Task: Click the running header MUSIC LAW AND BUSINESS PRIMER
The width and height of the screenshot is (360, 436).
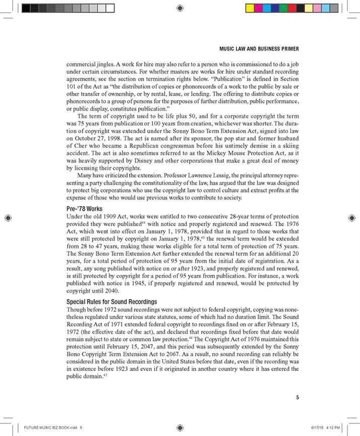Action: pyautogui.click(x=260, y=49)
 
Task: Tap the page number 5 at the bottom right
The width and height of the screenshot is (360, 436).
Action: pyautogui.click(x=298, y=397)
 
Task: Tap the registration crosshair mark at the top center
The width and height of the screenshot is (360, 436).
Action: pyautogui.click(x=181, y=8)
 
